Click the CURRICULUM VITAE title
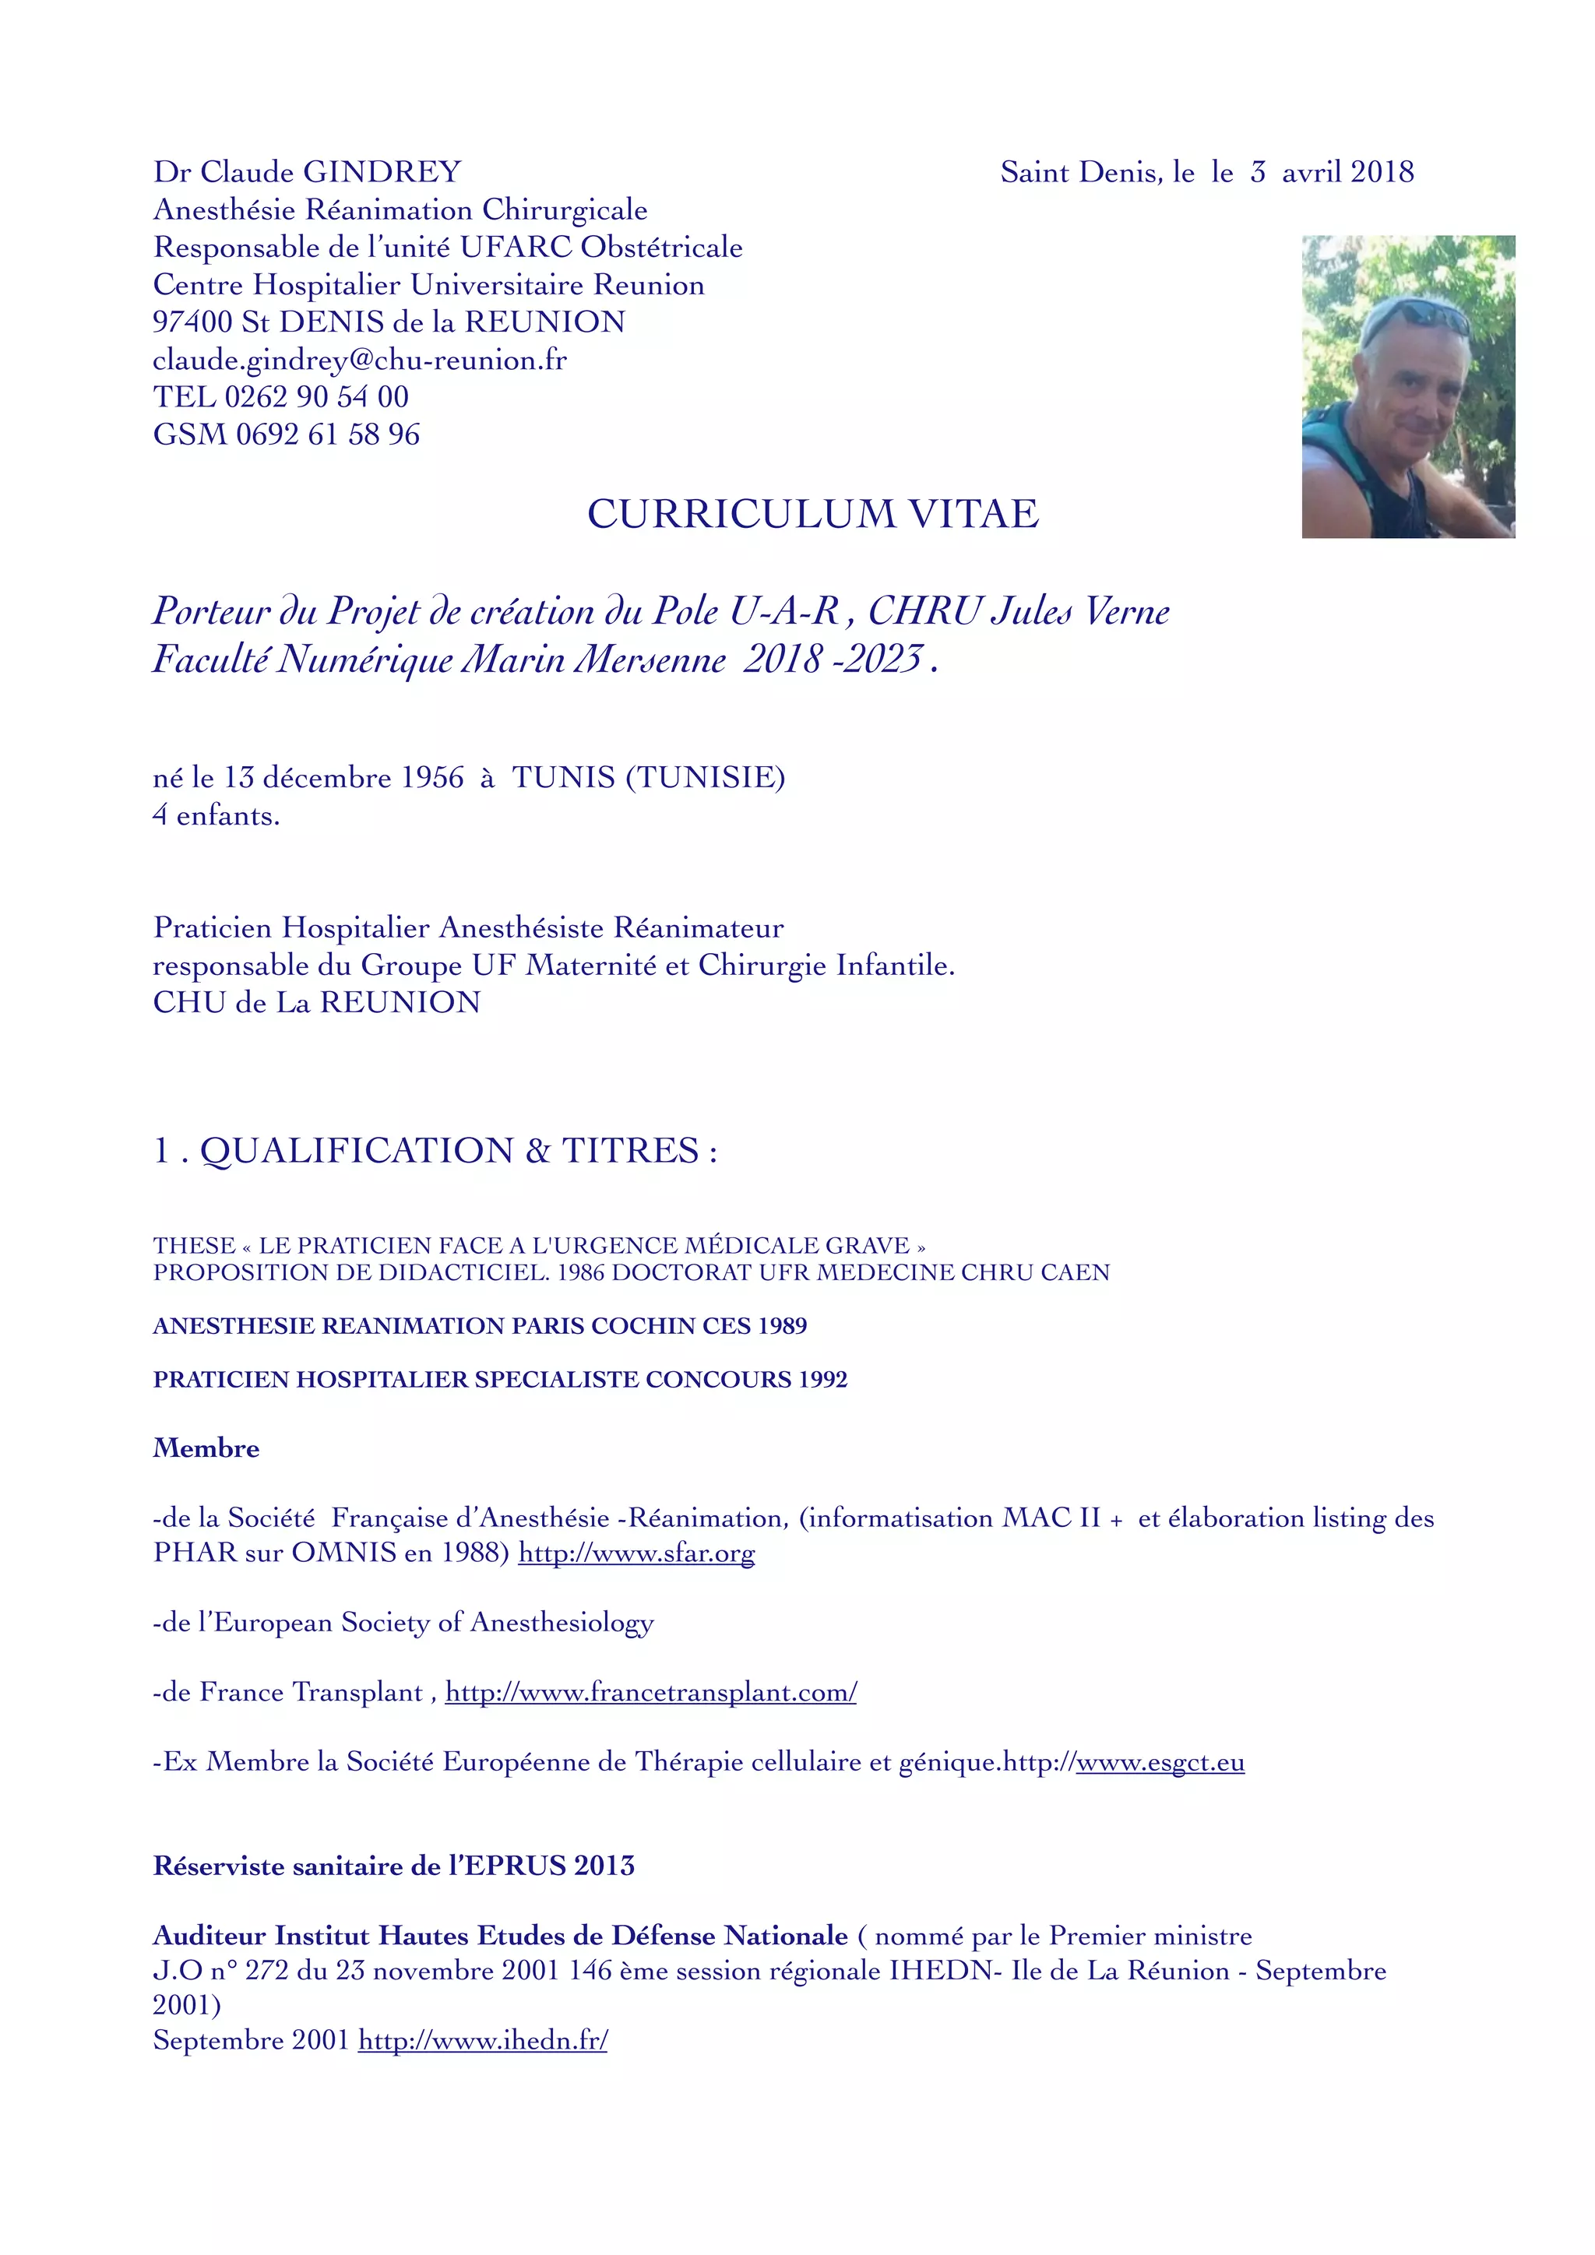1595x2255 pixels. (x=812, y=514)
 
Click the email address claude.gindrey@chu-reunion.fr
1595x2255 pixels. (x=360, y=360)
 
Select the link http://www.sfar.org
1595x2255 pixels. (x=636, y=1553)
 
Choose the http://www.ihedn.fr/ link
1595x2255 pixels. (x=482, y=2040)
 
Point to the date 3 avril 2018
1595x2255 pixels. (x=1332, y=172)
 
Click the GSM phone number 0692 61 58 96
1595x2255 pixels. (x=328, y=434)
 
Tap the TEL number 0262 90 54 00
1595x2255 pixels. (x=316, y=397)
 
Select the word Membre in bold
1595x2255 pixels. (x=206, y=1448)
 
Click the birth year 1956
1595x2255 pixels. (x=432, y=777)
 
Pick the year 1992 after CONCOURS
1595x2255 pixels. (x=822, y=1379)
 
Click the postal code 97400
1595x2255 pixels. (x=192, y=322)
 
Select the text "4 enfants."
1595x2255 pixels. (x=216, y=815)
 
